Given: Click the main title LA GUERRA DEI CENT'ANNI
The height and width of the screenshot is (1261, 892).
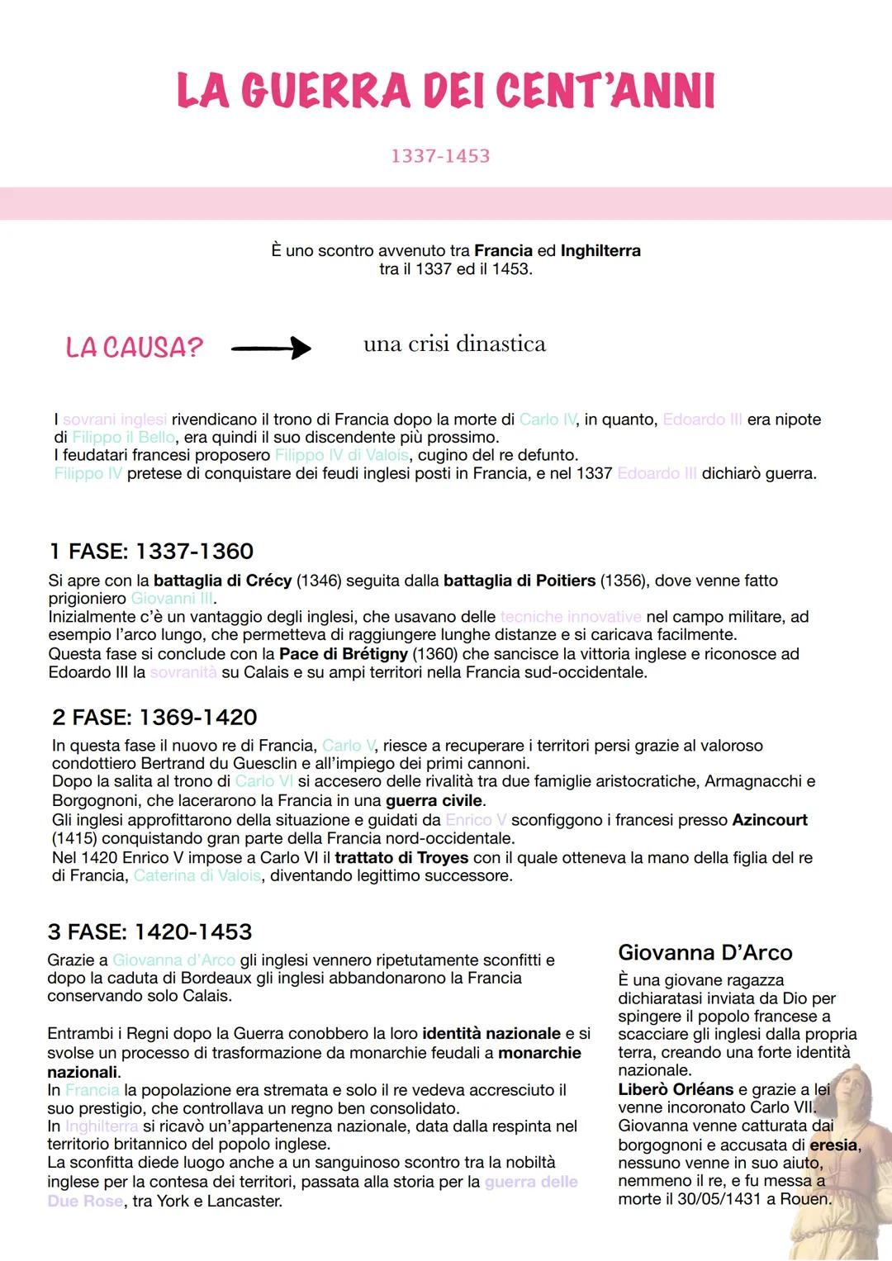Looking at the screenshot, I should click(x=446, y=91).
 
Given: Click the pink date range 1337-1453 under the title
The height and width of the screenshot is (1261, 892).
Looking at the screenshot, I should click(x=440, y=156).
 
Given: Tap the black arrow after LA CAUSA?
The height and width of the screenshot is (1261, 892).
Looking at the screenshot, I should click(x=271, y=348).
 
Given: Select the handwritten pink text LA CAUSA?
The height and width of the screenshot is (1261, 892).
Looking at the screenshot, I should click(x=134, y=348).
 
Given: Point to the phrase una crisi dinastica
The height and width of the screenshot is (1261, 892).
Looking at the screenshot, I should click(x=454, y=344).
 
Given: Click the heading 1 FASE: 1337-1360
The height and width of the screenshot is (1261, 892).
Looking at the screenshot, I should click(x=151, y=551).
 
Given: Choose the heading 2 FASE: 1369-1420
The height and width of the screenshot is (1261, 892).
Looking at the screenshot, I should click(x=154, y=717).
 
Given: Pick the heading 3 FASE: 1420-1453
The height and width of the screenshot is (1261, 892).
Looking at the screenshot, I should click(x=149, y=932).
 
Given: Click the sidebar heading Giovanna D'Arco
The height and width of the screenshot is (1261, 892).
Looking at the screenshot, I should click(x=705, y=953).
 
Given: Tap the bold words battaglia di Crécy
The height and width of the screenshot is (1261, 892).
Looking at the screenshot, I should click(x=222, y=581).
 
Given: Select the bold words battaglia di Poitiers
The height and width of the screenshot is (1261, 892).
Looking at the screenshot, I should click(x=520, y=581).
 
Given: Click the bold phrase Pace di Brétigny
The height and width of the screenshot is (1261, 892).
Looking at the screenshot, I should click(x=344, y=654).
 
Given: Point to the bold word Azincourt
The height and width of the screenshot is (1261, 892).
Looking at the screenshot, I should click(x=770, y=820).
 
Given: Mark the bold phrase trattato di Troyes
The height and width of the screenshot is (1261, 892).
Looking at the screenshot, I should click(x=401, y=858).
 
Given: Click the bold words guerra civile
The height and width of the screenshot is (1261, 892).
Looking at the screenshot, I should click(x=434, y=801).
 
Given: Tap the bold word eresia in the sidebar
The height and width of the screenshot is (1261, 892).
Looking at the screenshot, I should click(x=833, y=1145).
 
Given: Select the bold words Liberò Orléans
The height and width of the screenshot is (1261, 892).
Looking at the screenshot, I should click(x=676, y=1089).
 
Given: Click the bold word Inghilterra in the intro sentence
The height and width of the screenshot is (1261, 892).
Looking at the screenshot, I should click(x=600, y=250).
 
